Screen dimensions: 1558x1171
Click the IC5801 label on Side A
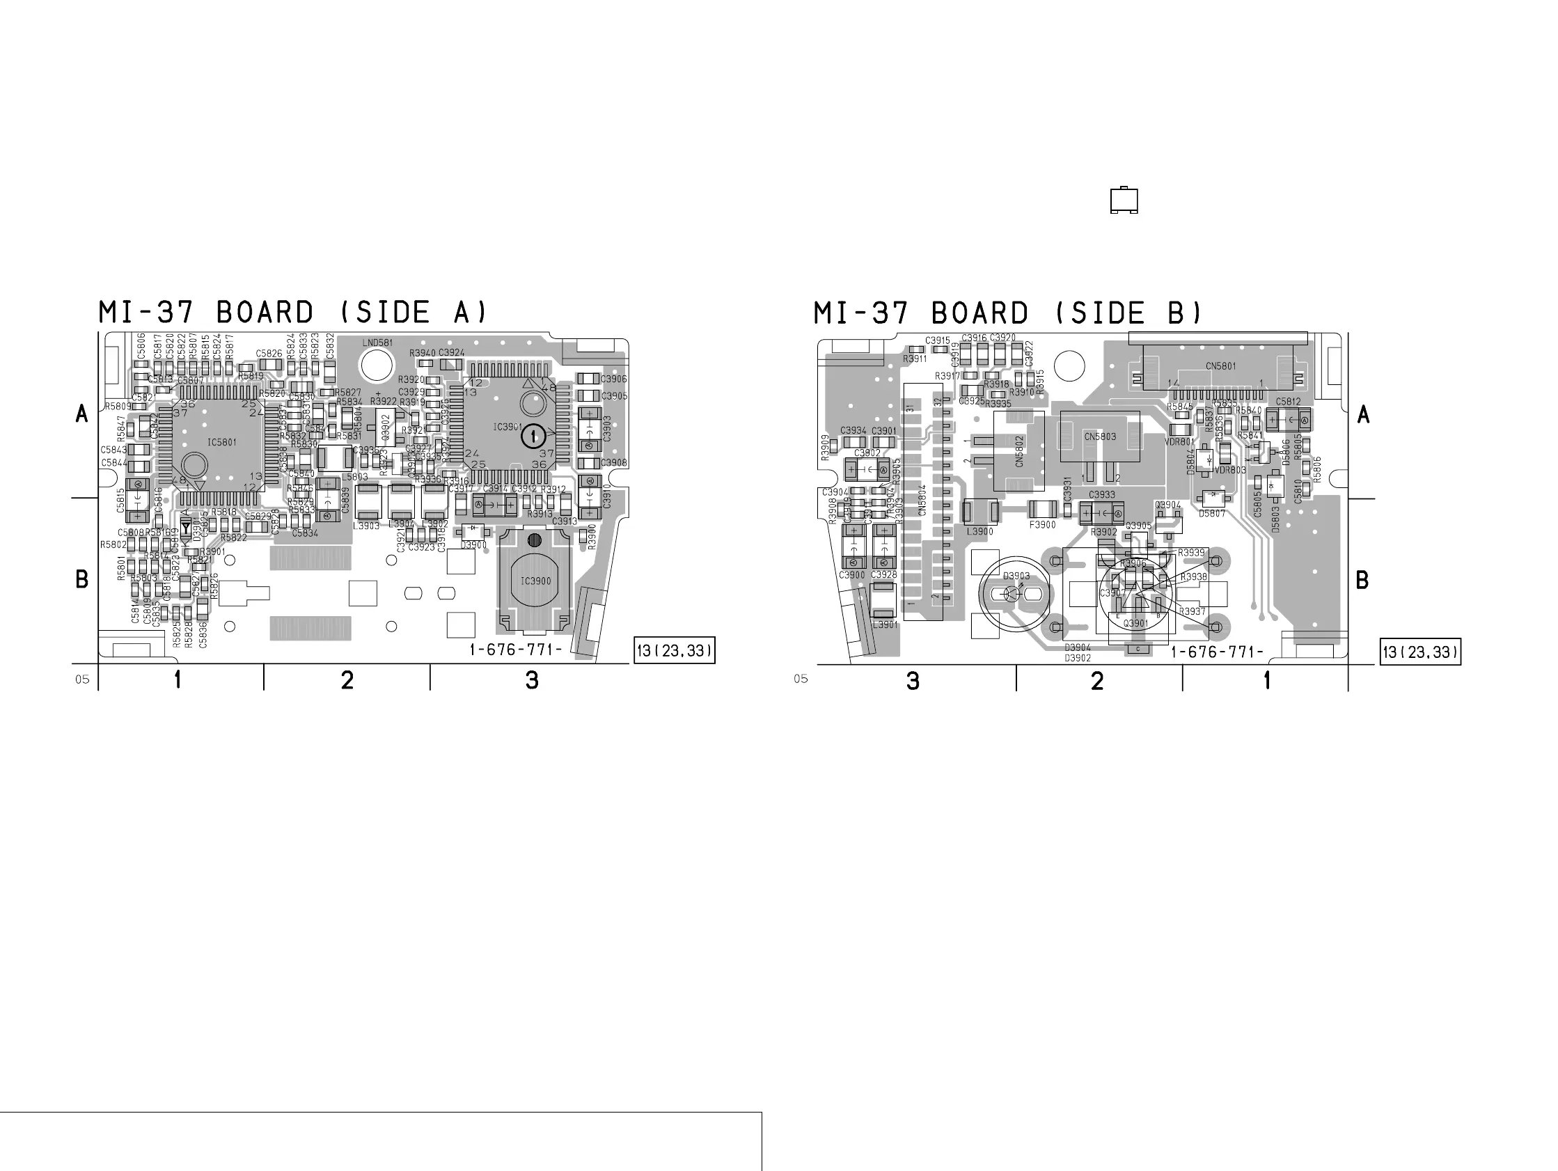(x=222, y=443)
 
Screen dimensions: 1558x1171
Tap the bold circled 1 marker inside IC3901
(x=533, y=436)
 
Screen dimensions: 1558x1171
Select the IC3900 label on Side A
(x=535, y=581)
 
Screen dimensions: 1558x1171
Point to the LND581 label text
(x=377, y=343)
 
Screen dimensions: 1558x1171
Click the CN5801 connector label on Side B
(x=1220, y=366)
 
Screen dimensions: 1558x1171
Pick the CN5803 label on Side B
(x=1100, y=437)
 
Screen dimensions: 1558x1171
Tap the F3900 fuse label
(x=1042, y=525)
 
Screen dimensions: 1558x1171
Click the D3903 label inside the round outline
(x=1016, y=576)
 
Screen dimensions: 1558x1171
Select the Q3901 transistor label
(x=1135, y=624)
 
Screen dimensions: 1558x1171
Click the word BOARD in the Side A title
(x=264, y=313)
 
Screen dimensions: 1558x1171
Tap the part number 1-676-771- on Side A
(x=516, y=650)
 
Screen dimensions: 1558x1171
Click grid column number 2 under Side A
(x=347, y=681)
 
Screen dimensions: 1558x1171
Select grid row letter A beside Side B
(x=1364, y=415)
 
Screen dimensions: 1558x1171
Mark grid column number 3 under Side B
(x=913, y=682)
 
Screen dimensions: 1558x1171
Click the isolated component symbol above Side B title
(x=1124, y=200)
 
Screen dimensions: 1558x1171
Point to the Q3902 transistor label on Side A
(x=385, y=425)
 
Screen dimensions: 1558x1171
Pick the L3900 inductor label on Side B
(x=979, y=531)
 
